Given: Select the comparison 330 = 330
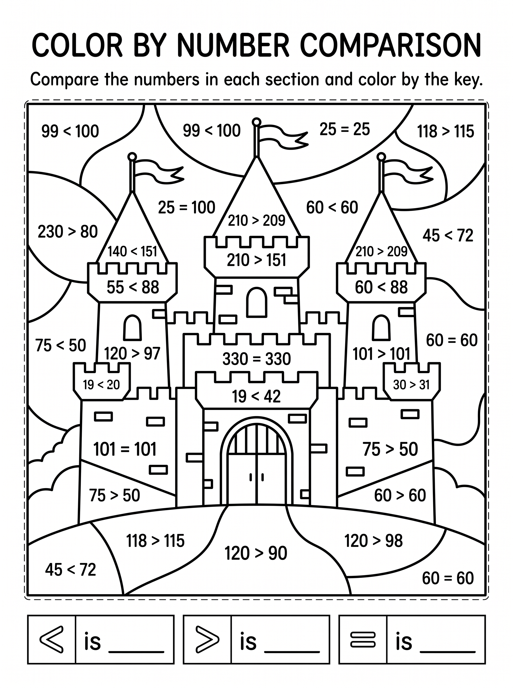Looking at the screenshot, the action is [256, 359].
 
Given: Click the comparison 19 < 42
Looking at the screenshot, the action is [256, 396].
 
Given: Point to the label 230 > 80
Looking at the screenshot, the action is [68, 232].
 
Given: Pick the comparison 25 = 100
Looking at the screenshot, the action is [187, 207].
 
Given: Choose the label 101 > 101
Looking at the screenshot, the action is [382, 354].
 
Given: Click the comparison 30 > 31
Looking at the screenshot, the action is [411, 385].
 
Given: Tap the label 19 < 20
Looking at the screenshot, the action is [101, 385].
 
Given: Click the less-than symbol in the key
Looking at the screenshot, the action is [52, 639].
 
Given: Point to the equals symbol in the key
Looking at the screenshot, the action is [363, 640].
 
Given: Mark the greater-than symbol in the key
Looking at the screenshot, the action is [208, 639].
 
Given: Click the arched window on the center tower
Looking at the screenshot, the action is [256, 302].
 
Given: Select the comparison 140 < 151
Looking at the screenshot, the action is [132, 251].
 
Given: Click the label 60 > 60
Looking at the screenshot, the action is [400, 495].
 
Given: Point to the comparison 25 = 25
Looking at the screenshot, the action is [345, 129].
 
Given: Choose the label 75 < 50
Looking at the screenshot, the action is [61, 345].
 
